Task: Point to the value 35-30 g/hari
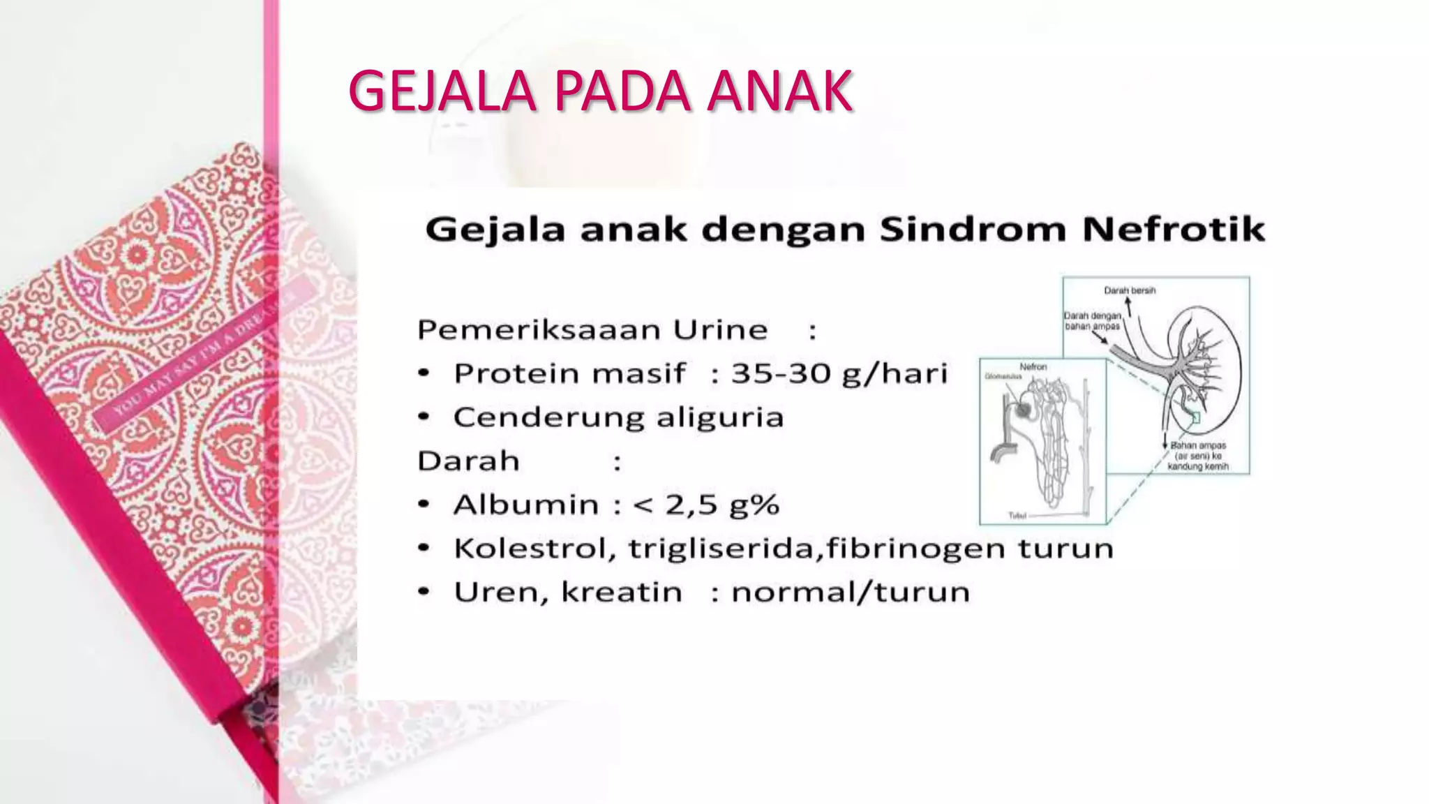coord(839,374)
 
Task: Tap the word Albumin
coord(526,505)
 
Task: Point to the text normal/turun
coord(850,593)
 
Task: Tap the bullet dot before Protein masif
coord(423,374)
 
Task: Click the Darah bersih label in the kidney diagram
coord(1130,290)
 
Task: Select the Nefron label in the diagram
coord(1033,366)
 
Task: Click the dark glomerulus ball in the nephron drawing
coord(1023,410)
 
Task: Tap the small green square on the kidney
coord(1195,417)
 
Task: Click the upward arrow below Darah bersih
coord(1128,304)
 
